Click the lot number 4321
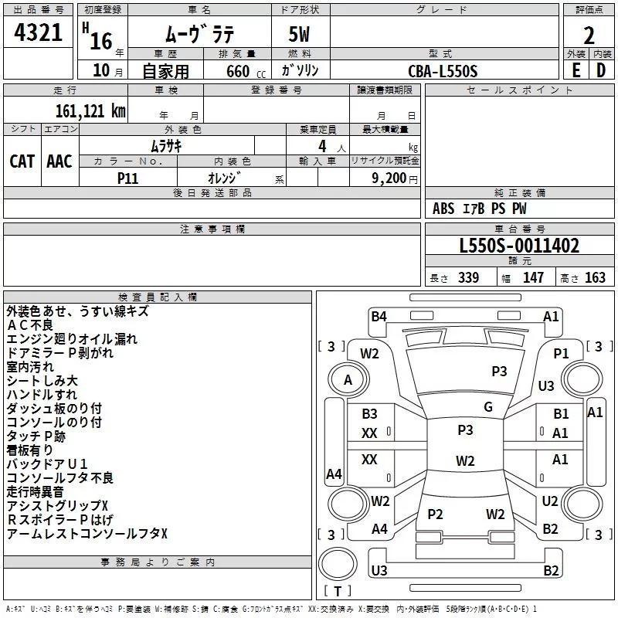[38, 32]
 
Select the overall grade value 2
[589, 36]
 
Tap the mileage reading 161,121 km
[90, 111]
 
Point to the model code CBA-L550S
[443, 71]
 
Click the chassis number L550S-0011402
[519, 246]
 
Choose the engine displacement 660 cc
[246, 71]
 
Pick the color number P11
[127, 178]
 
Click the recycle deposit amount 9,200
[389, 178]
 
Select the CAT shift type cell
[22, 161]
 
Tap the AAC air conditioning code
[59, 161]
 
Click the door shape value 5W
[299, 34]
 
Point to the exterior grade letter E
[576, 70]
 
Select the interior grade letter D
[601, 70]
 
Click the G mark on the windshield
[488, 406]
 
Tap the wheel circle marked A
[348, 380]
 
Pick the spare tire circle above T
[338, 564]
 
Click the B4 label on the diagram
[379, 317]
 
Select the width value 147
[533, 277]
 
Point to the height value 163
[595, 277]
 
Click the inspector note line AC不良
[30, 325]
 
